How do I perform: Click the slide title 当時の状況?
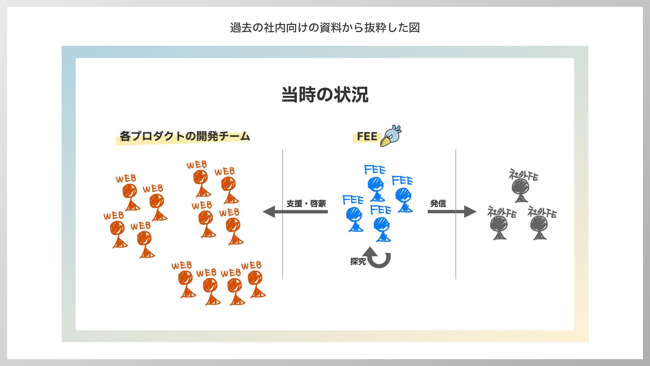click(x=325, y=95)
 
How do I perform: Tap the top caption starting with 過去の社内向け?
click(x=325, y=27)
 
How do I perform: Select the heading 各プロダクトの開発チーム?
click(x=185, y=136)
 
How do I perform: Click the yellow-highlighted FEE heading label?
click(x=367, y=137)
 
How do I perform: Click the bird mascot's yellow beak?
click(x=385, y=141)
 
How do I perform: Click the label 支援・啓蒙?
click(x=306, y=203)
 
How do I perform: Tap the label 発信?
click(x=438, y=203)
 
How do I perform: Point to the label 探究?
click(x=358, y=261)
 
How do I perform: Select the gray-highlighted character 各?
click(x=125, y=136)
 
